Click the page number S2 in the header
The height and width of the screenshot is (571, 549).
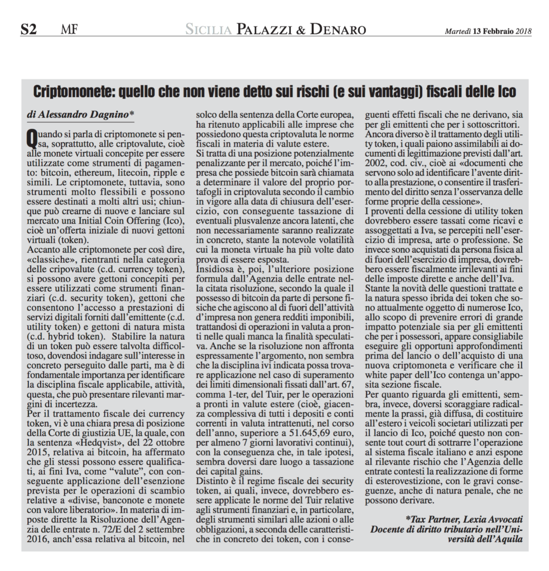[28, 30]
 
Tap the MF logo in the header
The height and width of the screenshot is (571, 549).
[69, 30]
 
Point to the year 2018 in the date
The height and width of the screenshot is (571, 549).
[524, 30]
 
